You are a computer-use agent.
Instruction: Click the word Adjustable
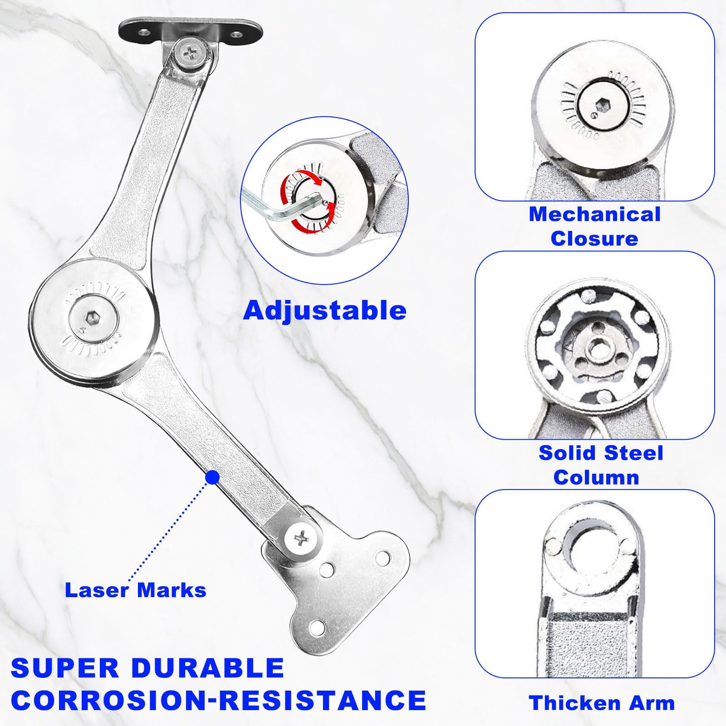point(325,311)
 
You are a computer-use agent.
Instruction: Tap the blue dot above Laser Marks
point(212,477)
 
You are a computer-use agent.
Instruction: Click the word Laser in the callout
point(97,590)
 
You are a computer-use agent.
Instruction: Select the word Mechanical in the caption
point(595,214)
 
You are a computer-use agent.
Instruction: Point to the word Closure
point(594,239)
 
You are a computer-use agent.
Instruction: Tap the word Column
point(596,477)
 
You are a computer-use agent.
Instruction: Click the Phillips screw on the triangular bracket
point(301,539)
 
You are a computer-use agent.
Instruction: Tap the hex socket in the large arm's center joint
point(93,318)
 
